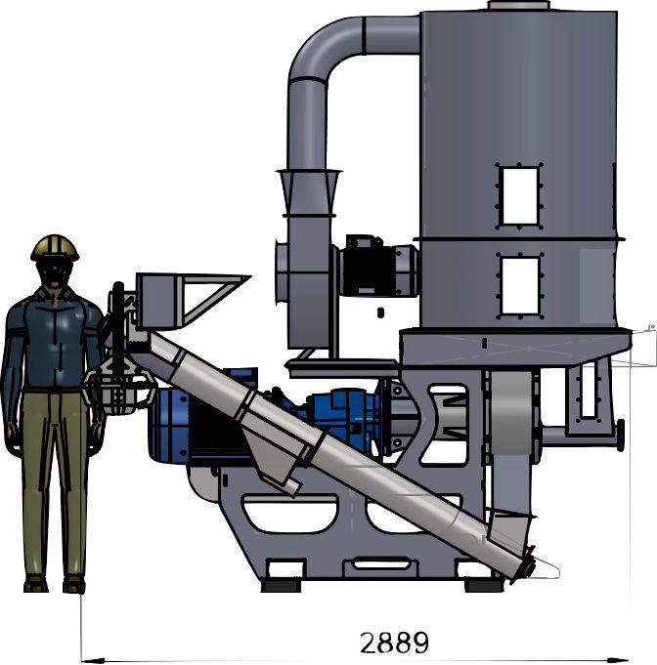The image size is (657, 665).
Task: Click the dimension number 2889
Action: click(395, 643)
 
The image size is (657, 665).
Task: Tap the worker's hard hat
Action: click(55, 248)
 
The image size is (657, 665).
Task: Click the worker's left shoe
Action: click(74, 584)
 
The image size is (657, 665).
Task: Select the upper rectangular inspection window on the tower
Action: click(520, 195)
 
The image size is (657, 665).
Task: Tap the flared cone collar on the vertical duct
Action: click(309, 192)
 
